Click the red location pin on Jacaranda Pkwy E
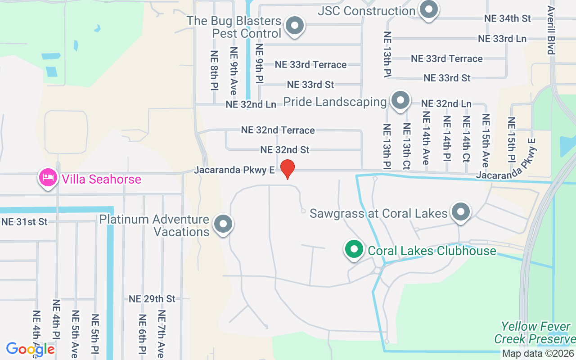(x=288, y=169)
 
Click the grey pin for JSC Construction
(x=428, y=9)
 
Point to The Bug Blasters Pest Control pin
(x=295, y=26)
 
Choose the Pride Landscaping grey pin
(x=400, y=100)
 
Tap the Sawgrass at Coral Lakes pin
(x=460, y=212)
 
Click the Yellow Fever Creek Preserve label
(x=535, y=333)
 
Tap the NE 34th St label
(x=508, y=18)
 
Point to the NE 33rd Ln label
(x=502, y=39)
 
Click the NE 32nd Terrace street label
(x=278, y=130)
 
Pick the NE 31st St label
(x=24, y=222)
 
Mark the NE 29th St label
(x=152, y=299)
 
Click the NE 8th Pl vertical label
(x=215, y=70)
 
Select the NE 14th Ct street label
(x=466, y=139)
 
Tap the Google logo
(x=31, y=349)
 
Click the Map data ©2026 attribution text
(x=538, y=354)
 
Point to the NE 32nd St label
(x=285, y=149)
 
